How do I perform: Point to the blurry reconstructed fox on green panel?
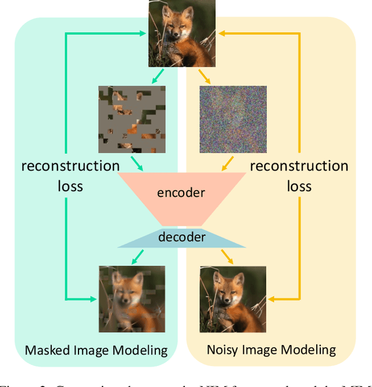[131, 299]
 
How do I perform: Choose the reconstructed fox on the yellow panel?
[233, 299]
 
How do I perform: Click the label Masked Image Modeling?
[96, 350]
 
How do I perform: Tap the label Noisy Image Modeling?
[271, 350]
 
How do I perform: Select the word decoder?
[182, 237]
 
